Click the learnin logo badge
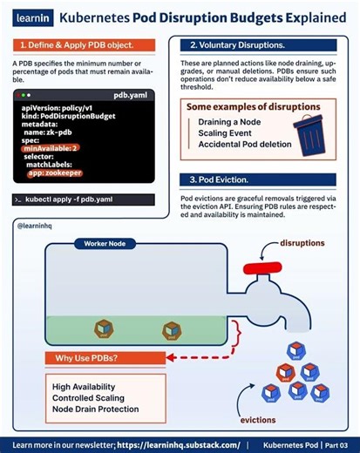[33, 18]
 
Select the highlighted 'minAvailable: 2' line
[51, 148]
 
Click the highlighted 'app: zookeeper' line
[55, 173]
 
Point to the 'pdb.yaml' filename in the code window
[130, 95]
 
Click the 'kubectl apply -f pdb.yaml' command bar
[83, 199]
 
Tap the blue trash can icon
[309, 135]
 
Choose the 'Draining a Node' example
[229, 122]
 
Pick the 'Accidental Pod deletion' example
[245, 145]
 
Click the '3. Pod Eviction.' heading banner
[258, 179]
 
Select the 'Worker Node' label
[105, 244]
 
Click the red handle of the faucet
[262, 268]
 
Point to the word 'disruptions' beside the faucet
[302, 243]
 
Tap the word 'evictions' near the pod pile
[258, 420]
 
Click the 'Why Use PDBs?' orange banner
[105, 358]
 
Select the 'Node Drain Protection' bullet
[95, 409]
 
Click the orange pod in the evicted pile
[286, 373]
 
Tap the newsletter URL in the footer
[179, 445]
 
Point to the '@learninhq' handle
[35, 226]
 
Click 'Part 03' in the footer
[336, 445]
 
